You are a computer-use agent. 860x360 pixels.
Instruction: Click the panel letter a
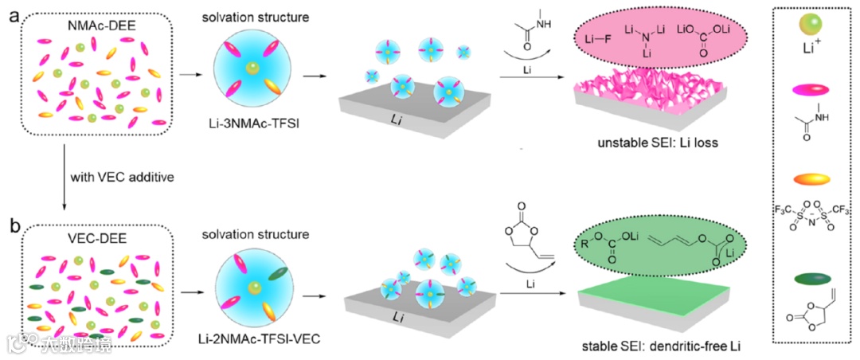coord(11,14)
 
